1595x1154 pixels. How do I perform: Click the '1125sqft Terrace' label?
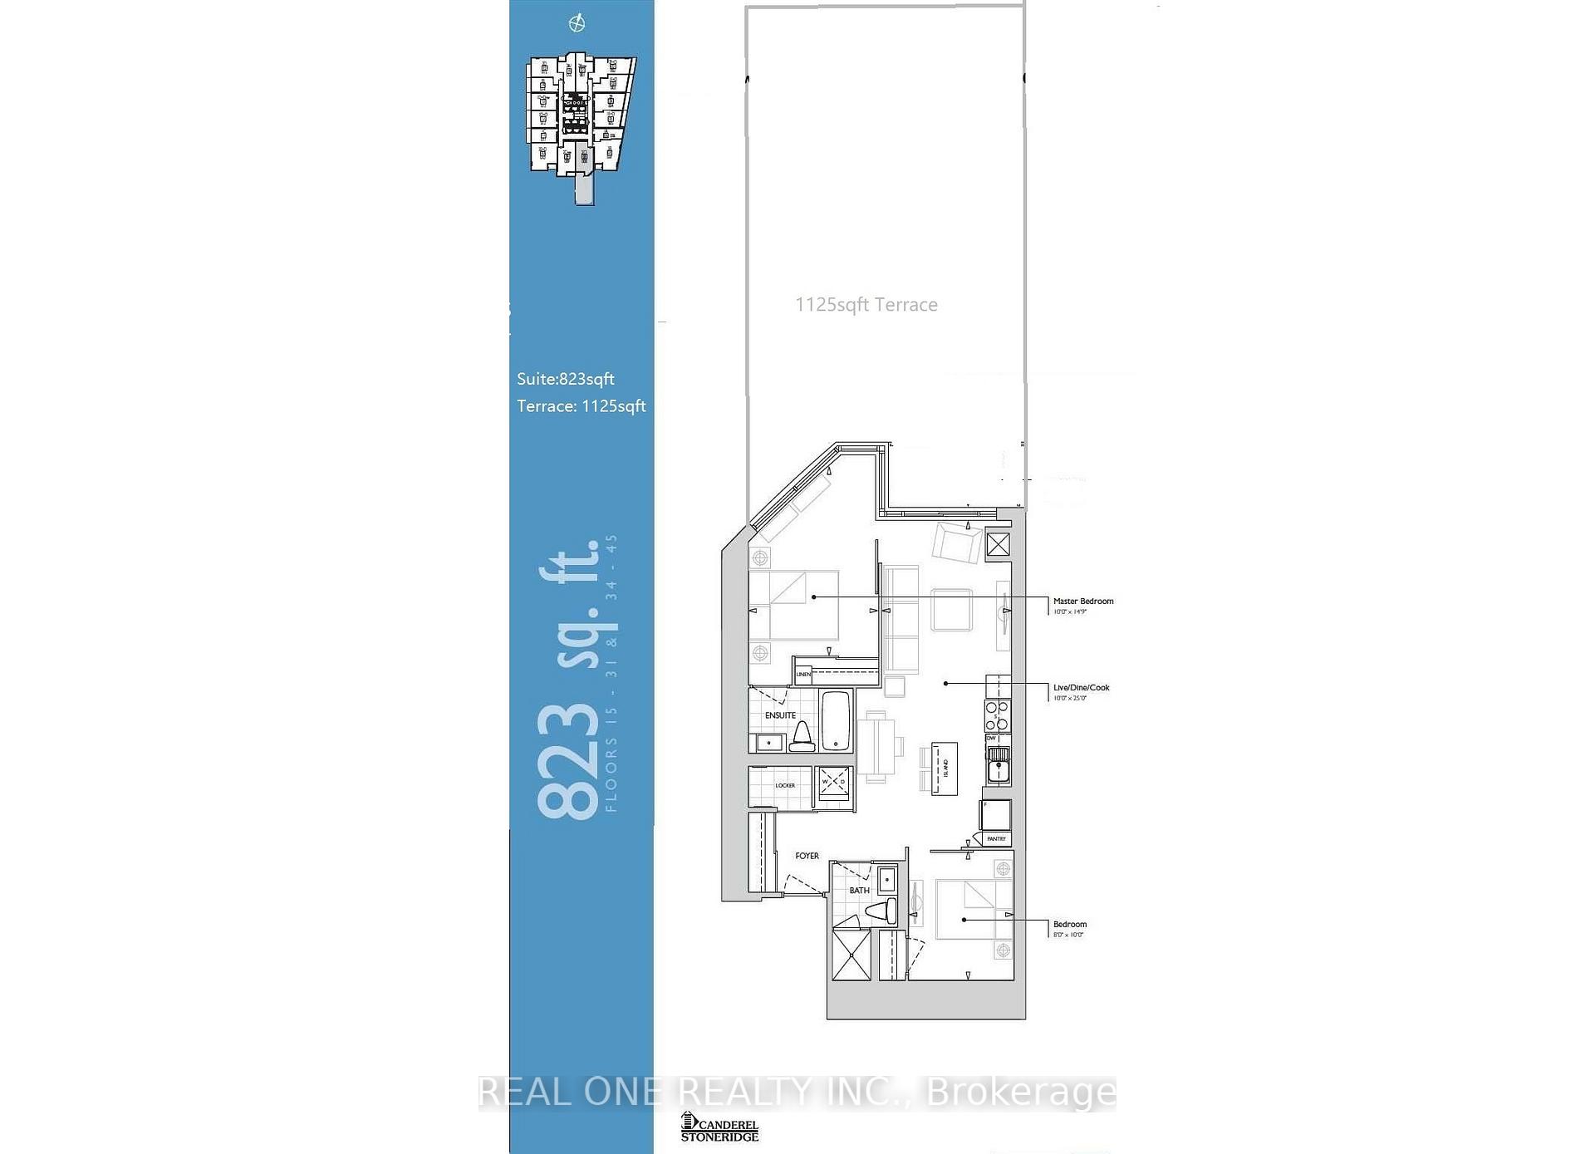pyautogui.click(x=866, y=305)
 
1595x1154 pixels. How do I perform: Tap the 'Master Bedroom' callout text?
pyautogui.click(x=1082, y=601)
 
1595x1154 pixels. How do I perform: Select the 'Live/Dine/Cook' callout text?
pyautogui.click(x=1081, y=687)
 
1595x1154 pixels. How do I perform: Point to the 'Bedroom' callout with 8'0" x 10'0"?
pyautogui.click(x=1069, y=925)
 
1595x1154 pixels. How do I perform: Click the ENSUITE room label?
pyautogui.click(x=780, y=715)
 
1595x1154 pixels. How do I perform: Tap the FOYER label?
pyautogui.click(x=807, y=856)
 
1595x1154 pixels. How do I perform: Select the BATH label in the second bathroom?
pyautogui.click(x=859, y=891)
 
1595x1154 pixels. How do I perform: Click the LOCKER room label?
pyautogui.click(x=784, y=785)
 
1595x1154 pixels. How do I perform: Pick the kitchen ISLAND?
pyautogui.click(x=945, y=769)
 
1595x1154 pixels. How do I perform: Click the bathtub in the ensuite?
pyautogui.click(x=836, y=720)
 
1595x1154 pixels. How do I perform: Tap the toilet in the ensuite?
pyautogui.click(x=802, y=737)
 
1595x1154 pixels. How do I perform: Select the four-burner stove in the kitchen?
pyautogui.click(x=997, y=715)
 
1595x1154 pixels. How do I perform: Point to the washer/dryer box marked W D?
pyautogui.click(x=833, y=783)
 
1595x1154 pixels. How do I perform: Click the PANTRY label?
pyautogui.click(x=996, y=839)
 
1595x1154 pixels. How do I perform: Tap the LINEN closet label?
pyautogui.click(x=803, y=674)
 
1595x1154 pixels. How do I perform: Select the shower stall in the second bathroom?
pyautogui.click(x=851, y=955)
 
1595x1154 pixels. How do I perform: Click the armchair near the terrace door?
pyautogui.click(x=956, y=543)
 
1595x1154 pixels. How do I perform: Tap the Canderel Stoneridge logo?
pyautogui.click(x=719, y=1127)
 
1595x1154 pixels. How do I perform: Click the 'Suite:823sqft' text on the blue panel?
pyautogui.click(x=565, y=379)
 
